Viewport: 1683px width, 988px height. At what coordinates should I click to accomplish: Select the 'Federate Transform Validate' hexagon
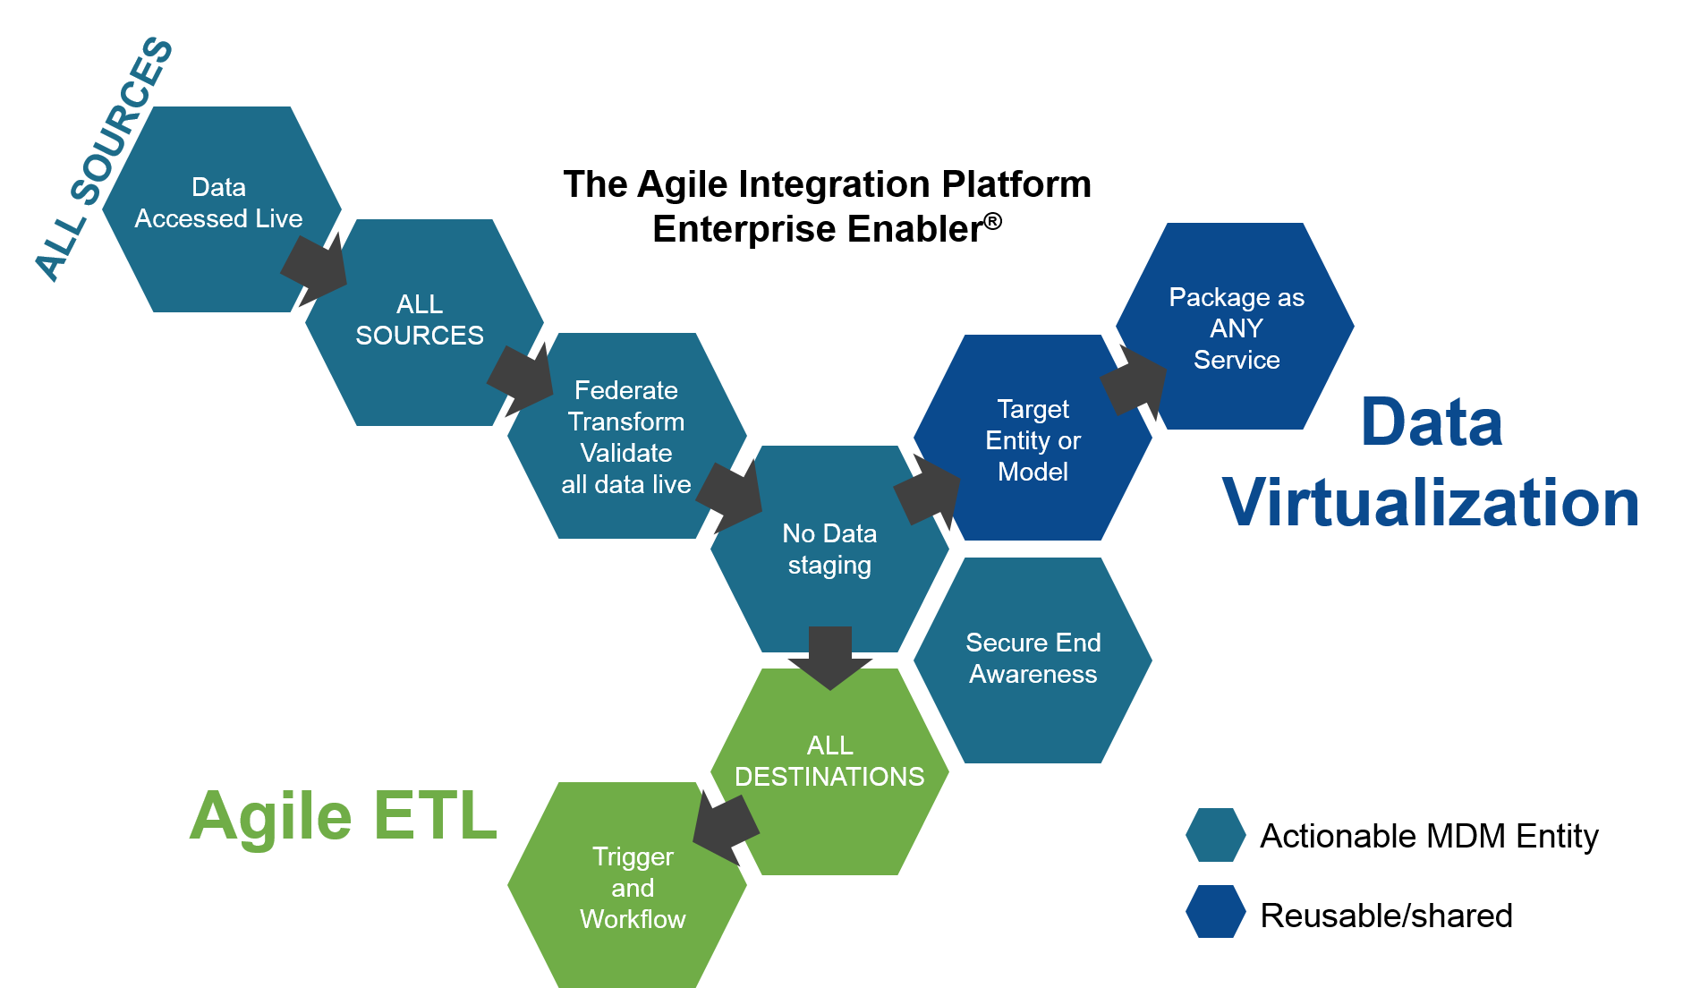pyautogui.click(x=626, y=436)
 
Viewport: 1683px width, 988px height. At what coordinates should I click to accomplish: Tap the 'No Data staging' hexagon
pyautogui.click(x=829, y=549)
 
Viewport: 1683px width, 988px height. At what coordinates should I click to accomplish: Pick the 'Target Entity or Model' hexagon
pyautogui.click(x=1033, y=439)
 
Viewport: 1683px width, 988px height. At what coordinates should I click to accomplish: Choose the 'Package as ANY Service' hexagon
pyautogui.click(x=1237, y=328)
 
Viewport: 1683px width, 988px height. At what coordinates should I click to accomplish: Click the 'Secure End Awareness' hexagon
pyautogui.click(x=1033, y=660)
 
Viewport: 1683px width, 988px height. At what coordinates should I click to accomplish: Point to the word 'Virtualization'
pyautogui.click(x=1430, y=502)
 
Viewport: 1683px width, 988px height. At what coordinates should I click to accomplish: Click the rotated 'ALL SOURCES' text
pyautogui.click(x=103, y=159)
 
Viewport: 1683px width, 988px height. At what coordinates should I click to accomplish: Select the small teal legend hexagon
pyautogui.click(x=1215, y=835)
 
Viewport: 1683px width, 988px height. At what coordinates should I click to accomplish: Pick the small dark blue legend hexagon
pyautogui.click(x=1215, y=911)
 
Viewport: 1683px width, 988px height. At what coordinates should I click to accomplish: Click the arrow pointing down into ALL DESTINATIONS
pyautogui.click(x=829, y=656)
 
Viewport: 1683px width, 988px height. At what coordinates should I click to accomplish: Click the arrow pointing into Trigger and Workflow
pyautogui.click(x=725, y=829)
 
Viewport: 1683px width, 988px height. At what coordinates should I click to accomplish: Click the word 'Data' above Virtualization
pyautogui.click(x=1431, y=422)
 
